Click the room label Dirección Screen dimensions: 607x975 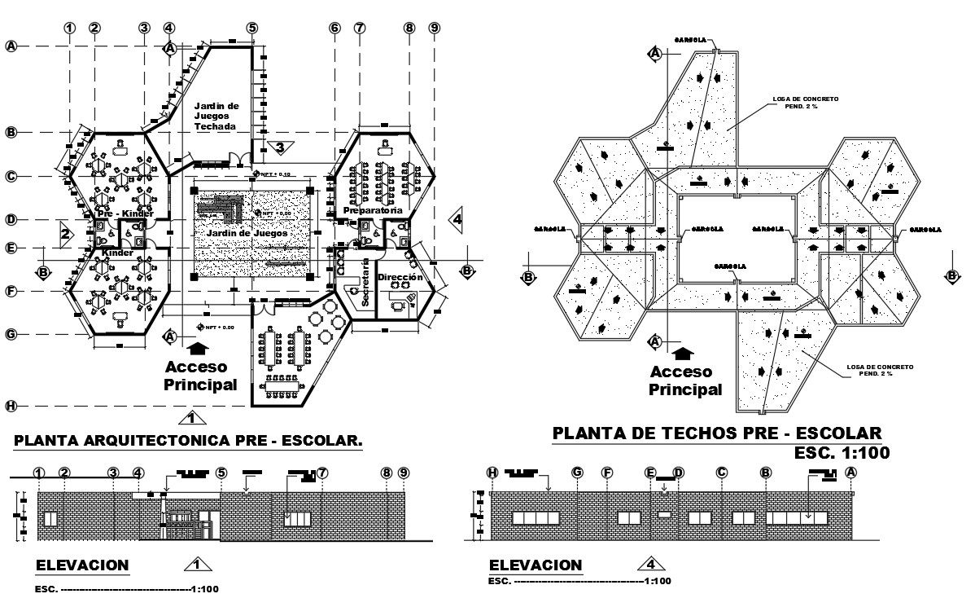(x=400, y=278)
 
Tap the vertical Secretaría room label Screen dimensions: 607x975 (x=365, y=282)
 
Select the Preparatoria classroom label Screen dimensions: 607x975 (x=374, y=210)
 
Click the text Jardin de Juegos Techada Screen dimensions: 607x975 (x=216, y=117)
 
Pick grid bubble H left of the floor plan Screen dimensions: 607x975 (x=11, y=406)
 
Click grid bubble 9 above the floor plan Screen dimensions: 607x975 (x=434, y=27)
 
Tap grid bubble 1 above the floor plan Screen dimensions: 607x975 (x=70, y=27)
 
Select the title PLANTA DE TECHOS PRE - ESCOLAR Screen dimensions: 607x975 (x=716, y=433)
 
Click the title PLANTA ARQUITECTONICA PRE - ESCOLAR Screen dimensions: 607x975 (x=188, y=441)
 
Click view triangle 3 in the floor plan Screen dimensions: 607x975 (x=279, y=147)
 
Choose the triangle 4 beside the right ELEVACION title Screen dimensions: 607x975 (x=649, y=562)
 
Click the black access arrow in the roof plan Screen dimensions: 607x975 (x=684, y=353)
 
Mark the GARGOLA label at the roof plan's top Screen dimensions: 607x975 (x=689, y=38)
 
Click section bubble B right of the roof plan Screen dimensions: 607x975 (x=951, y=276)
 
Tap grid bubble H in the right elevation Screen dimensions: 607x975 (x=492, y=472)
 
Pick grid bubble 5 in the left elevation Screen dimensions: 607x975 (x=221, y=473)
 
